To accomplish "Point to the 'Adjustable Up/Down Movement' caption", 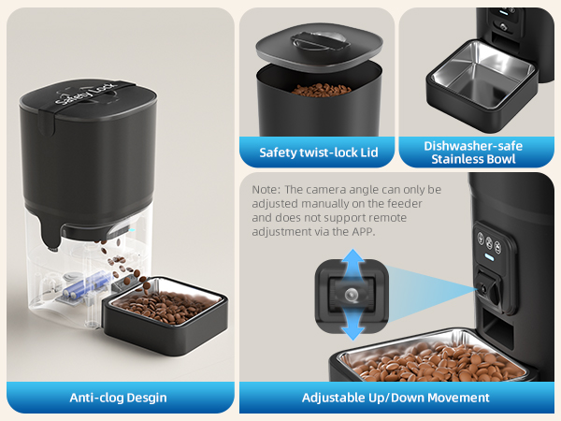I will point(396,397).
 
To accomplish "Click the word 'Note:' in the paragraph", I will point(266,189).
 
